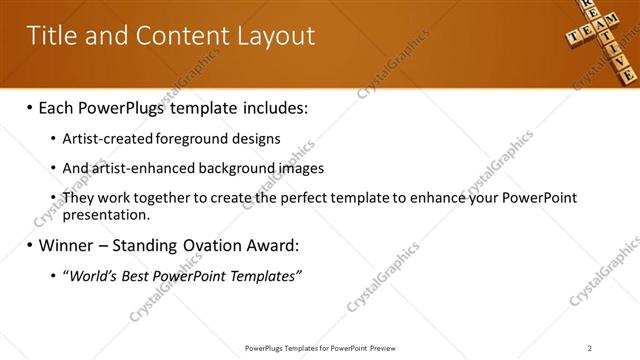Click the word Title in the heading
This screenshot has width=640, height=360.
click(x=52, y=37)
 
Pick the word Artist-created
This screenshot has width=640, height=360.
click(x=102, y=139)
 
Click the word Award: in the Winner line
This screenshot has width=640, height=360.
click(x=273, y=245)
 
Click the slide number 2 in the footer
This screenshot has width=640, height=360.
click(x=590, y=348)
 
